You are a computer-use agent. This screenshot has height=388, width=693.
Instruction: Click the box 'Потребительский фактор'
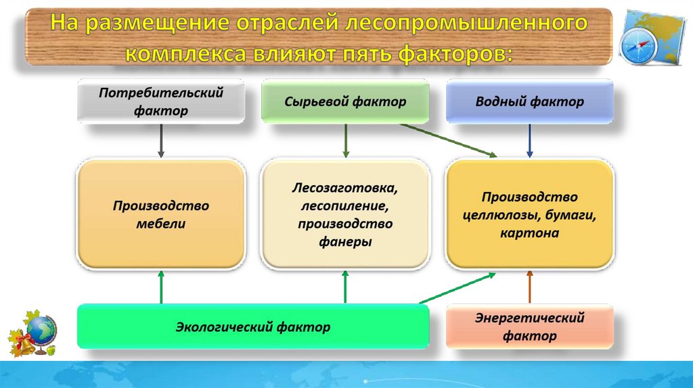(160, 101)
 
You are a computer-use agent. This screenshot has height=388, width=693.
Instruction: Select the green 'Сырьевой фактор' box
(345, 101)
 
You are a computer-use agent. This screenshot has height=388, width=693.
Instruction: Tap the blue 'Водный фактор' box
(529, 101)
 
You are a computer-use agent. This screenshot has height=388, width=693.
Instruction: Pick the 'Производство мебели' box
(160, 214)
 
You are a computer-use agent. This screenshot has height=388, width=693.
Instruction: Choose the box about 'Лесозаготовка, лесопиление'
(345, 214)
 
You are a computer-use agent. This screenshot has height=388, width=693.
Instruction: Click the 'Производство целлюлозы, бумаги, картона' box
(529, 214)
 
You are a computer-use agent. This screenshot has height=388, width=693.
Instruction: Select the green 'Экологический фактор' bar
(253, 327)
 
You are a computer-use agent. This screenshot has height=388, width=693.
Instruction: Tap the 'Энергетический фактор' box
(529, 326)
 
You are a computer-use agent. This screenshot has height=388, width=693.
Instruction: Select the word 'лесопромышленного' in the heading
(466, 24)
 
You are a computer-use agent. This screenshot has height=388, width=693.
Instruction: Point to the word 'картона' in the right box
(529, 233)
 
